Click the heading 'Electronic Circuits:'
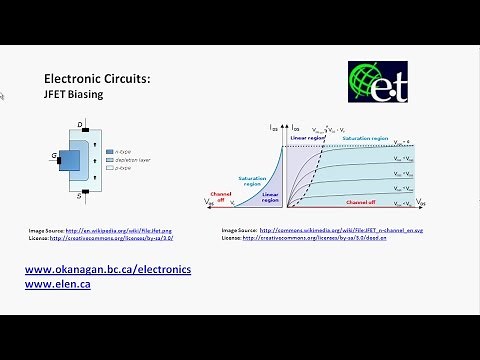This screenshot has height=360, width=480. pos(98,77)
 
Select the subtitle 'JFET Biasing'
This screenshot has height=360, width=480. pos(74,95)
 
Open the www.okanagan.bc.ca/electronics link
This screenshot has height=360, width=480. pos(107,270)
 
